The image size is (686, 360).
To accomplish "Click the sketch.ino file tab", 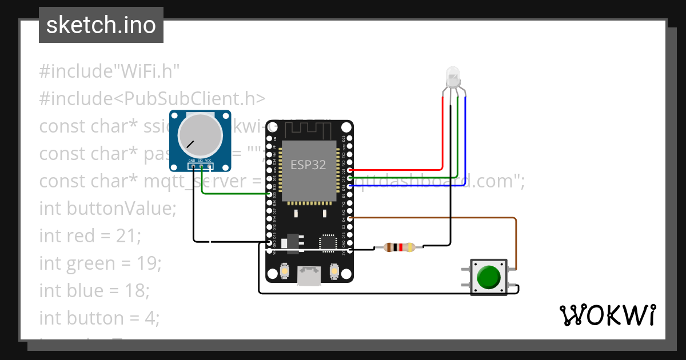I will coord(101,25).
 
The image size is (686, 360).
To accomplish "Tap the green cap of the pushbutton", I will coord(488,277).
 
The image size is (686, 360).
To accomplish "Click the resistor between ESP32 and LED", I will coord(399,247).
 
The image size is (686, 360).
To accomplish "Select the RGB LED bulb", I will coord(452,76).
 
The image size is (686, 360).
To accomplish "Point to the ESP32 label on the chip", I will coord(308,165).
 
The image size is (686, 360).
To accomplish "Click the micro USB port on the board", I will coord(309,277).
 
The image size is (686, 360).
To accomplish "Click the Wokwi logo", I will coord(607,315).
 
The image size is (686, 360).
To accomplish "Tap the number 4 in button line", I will coord(150,318).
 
